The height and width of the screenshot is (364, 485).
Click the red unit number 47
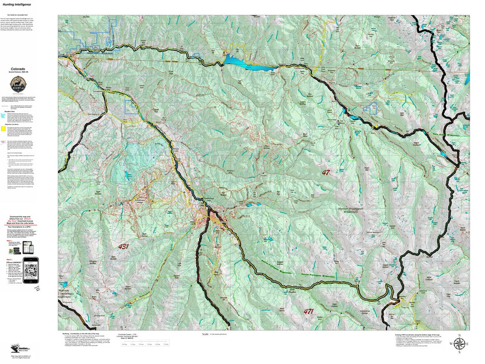coord(326,172)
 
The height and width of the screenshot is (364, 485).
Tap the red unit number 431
coord(123,246)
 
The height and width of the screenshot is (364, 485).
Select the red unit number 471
coord(308,311)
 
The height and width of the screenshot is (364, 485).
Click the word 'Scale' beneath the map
coord(206,334)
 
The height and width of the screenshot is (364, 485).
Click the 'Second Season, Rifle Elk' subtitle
coord(18,73)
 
